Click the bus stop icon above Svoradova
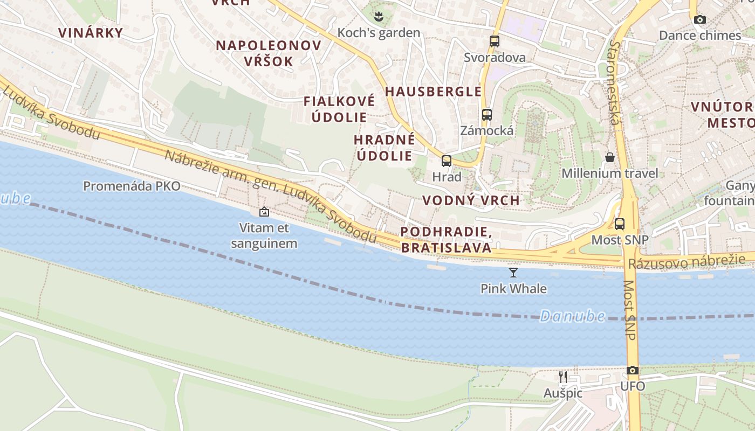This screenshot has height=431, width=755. tap(494, 41)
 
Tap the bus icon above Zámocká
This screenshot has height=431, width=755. tap(486, 114)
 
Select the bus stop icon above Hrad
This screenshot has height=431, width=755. tap(446, 161)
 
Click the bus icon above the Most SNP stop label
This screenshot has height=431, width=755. tap(620, 224)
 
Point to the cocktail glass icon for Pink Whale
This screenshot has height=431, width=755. tap(513, 273)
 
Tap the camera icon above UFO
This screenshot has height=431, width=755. tap(633, 371)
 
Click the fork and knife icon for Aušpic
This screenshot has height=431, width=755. tap(562, 377)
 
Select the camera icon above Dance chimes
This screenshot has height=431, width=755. tap(700, 19)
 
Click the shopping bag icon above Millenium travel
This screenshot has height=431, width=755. tap(609, 157)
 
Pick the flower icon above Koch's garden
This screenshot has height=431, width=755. tap(379, 17)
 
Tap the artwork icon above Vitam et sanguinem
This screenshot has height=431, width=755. tap(264, 212)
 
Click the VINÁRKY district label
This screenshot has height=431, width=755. tap(91, 32)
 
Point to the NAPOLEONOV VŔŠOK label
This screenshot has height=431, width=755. tap(269, 53)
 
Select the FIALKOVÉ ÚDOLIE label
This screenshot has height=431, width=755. tap(339, 109)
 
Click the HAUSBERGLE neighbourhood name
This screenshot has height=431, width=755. tap(433, 92)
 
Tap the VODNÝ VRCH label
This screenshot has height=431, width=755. tap(471, 200)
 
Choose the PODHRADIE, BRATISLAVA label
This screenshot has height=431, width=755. tap(446, 240)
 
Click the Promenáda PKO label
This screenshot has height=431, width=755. tap(132, 186)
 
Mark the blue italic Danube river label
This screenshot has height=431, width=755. tap(572, 316)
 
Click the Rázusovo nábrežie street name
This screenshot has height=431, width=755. tap(687, 262)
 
